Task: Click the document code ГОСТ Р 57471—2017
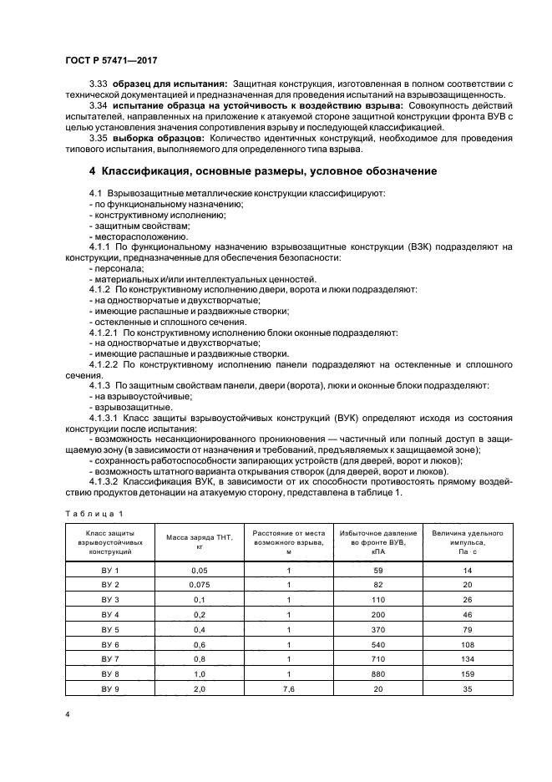pos(111,62)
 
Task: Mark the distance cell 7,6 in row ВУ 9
pos(288,689)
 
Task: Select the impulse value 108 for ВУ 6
pos(467,644)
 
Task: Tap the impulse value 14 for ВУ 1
pos(467,569)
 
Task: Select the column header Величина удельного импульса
pos(467,541)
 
